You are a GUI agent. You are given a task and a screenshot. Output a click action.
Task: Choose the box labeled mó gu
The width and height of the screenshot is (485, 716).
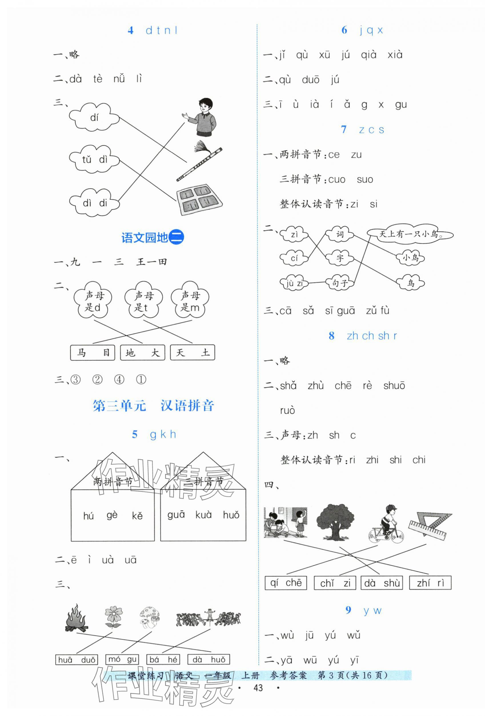click(x=122, y=659)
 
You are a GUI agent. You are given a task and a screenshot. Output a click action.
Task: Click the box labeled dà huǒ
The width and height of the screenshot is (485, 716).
click(x=209, y=659)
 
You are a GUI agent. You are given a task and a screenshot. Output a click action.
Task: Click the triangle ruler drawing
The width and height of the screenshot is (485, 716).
click(x=430, y=525)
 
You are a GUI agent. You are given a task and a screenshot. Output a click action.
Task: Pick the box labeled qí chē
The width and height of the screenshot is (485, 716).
click(x=286, y=583)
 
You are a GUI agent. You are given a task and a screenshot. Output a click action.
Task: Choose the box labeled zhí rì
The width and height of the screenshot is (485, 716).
click(x=430, y=583)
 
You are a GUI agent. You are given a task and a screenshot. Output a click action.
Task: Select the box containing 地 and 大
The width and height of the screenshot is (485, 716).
click(x=142, y=352)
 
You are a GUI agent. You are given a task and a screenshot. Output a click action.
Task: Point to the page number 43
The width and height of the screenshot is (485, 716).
click(x=258, y=697)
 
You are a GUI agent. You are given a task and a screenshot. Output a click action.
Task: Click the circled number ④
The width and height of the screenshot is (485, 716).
click(x=119, y=380)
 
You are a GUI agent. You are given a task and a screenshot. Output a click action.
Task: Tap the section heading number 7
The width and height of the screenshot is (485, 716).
click(x=344, y=130)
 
